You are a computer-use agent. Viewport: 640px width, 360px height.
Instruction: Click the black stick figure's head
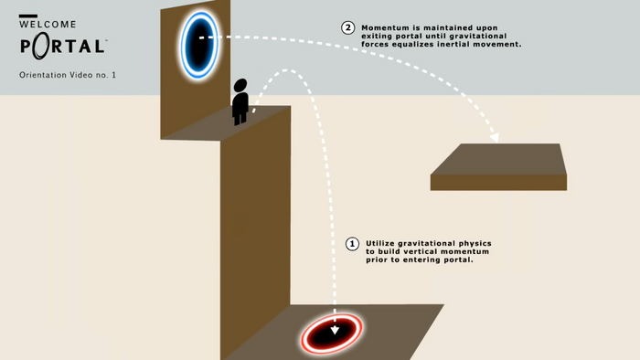coord(240,87)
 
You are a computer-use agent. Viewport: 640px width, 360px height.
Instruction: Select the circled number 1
coord(351,244)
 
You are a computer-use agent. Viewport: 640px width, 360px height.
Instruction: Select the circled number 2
coord(347,27)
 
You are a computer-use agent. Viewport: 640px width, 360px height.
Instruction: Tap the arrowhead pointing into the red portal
coord(335,327)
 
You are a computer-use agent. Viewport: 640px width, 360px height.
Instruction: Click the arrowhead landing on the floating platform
coord(495,138)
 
